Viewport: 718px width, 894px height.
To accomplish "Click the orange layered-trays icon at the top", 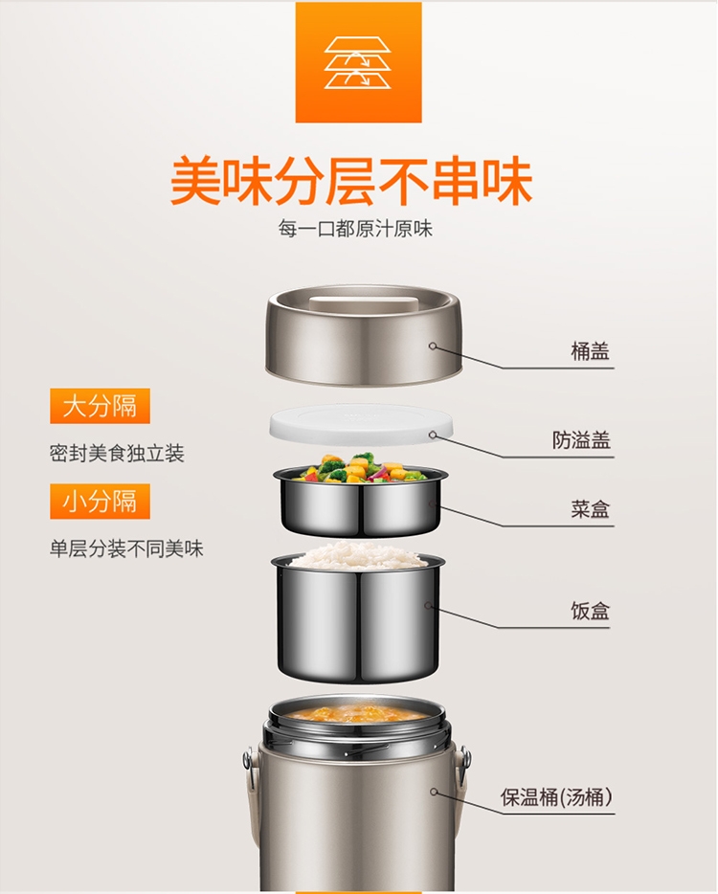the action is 358,62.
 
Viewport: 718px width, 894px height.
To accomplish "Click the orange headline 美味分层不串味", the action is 351,181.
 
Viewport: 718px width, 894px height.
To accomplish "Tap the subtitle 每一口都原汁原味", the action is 355,229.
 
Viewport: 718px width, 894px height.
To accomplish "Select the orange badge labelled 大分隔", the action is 100,406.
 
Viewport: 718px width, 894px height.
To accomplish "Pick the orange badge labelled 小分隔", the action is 100,502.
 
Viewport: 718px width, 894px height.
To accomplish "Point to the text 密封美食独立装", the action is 117,454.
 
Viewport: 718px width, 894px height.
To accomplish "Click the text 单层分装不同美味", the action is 126,548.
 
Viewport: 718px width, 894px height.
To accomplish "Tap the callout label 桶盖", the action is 591,350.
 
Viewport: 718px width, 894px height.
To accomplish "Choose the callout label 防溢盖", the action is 581,439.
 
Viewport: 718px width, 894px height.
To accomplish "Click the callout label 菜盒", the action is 591,508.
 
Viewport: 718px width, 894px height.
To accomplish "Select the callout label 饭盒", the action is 591,611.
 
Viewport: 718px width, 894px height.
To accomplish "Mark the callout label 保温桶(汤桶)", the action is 556,796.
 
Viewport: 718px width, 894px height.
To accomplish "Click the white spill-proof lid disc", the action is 361,424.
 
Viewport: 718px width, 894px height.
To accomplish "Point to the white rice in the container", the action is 357,555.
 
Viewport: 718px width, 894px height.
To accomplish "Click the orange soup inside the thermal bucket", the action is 356,713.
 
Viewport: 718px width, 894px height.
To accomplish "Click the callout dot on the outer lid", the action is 433,346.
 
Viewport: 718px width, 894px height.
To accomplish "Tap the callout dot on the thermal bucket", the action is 434,792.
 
